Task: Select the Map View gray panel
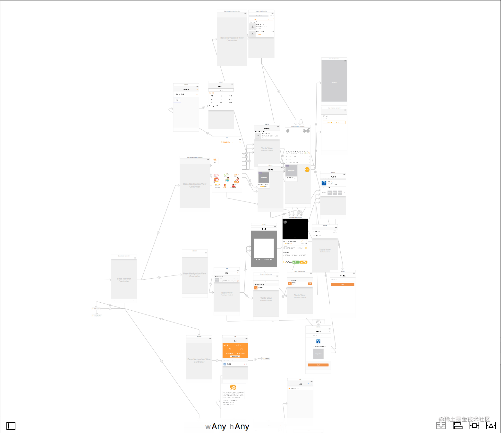pos(334,81)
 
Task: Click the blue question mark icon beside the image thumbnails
pos(324,183)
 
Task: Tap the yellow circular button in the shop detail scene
pos(307,169)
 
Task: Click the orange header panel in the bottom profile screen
pos(235,350)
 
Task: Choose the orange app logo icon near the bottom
pos(233,388)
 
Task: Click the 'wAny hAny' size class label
pos(227,427)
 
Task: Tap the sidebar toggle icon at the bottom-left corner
pos(11,426)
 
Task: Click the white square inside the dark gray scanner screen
pos(264,248)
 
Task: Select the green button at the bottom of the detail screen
pos(296,262)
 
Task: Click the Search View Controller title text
pos(261,11)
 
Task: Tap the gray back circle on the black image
pos(285,222)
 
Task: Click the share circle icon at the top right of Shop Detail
pos(308,131)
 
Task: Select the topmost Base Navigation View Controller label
pos(232,39)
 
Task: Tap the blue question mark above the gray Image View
pos(318,341)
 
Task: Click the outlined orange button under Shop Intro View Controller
pos(334,122)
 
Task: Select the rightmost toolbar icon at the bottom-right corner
pos(491,426)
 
